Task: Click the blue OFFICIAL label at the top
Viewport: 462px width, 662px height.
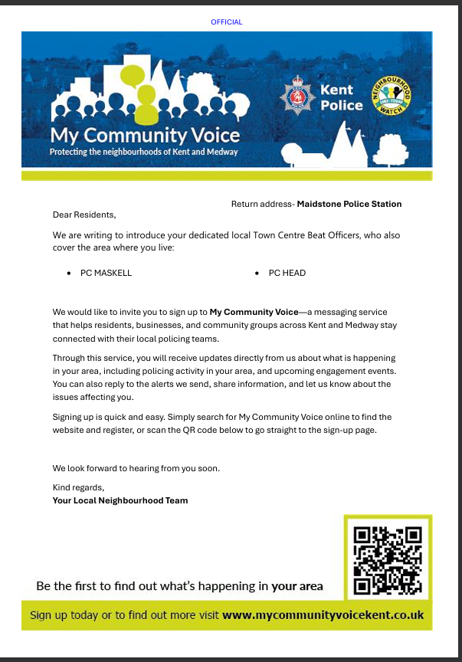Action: tap(227, 22)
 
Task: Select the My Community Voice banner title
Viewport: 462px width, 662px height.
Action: tap(145, 136)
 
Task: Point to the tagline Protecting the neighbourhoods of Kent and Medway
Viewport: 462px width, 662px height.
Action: tap(143, 152)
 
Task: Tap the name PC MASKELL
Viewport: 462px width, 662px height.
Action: tap(106, 273)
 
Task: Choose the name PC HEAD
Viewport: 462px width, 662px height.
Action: tap(287, 273)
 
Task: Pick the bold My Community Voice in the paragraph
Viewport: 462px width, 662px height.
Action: tap(254, 313)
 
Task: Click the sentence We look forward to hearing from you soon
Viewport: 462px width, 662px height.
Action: tap(136, 468)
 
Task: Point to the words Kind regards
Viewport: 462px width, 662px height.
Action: tap(78, 487)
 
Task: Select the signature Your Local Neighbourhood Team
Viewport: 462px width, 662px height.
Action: tap(120, 500)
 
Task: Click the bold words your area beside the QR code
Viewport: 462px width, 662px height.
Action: tap(297, 586)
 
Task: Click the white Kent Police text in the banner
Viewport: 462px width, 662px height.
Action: tap(341, 97)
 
